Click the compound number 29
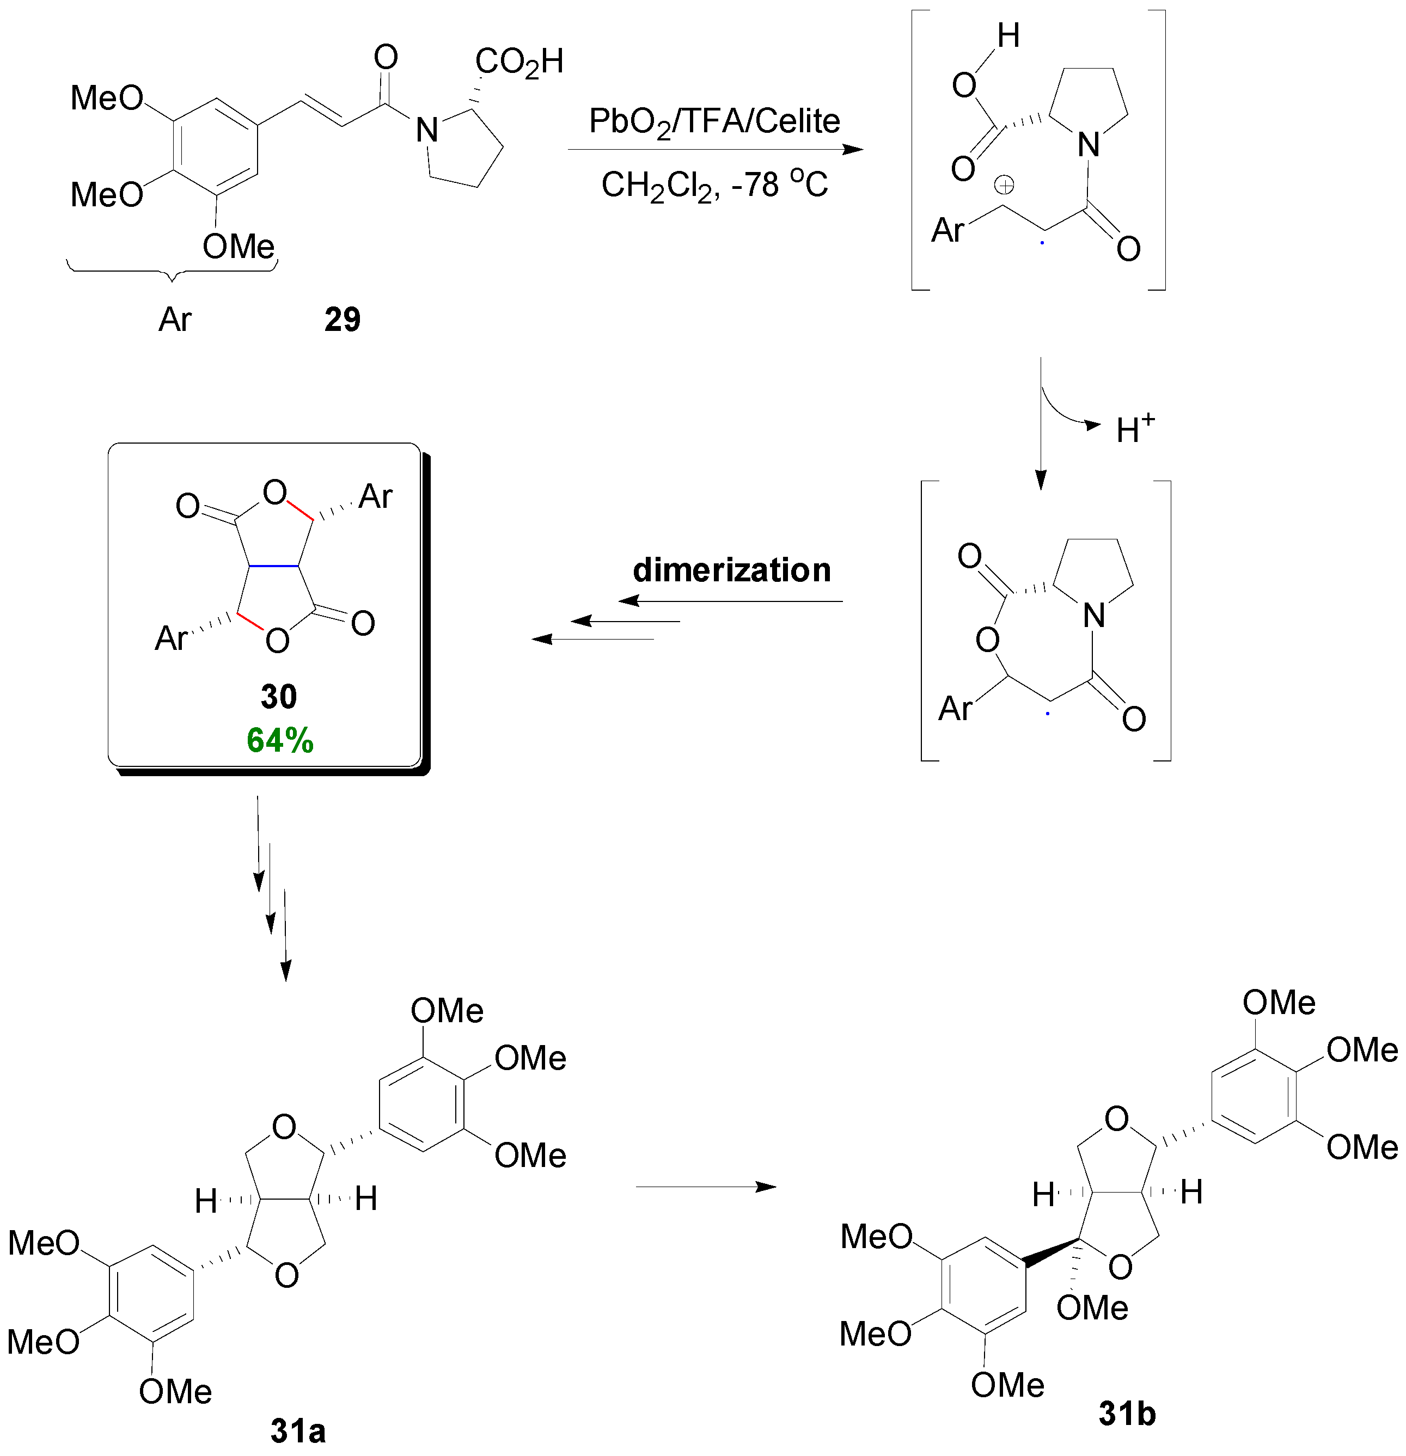click(342, 320)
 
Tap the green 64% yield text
click(280, 741)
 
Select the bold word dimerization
click(731, 570)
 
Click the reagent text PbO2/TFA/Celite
click(714, 121)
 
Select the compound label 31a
click(297, 1430)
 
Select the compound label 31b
click(1127, 1413)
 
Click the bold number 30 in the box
click(279, 697)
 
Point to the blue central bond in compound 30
click(274, 567)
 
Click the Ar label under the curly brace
click(175, 320)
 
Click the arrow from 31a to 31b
click(705, 1187)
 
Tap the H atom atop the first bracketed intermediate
click(1008, 35)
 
